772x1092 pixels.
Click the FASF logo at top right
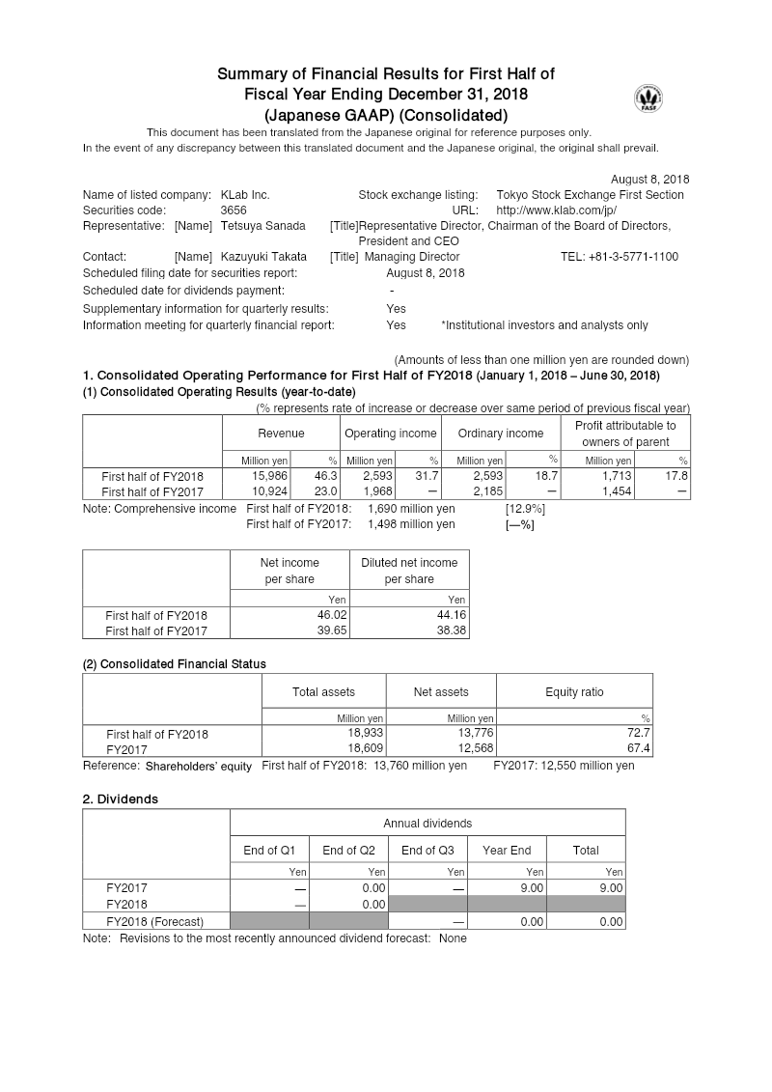(x=648, y=99)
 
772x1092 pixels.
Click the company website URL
(x=556, y=210)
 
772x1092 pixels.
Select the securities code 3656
(x=234, y=210)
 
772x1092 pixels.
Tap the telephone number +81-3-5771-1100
(x=619, y=257)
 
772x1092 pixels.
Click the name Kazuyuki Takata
(x=263, y=257)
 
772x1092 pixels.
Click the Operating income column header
(x=390, y=434)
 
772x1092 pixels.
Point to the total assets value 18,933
(x=366, y=734)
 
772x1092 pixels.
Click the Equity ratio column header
(x=574, y=692)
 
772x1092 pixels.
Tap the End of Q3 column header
(x=427, y=851)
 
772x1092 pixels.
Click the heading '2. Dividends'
(x=121, y=799)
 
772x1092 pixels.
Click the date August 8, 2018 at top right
(x=649, y=180)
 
